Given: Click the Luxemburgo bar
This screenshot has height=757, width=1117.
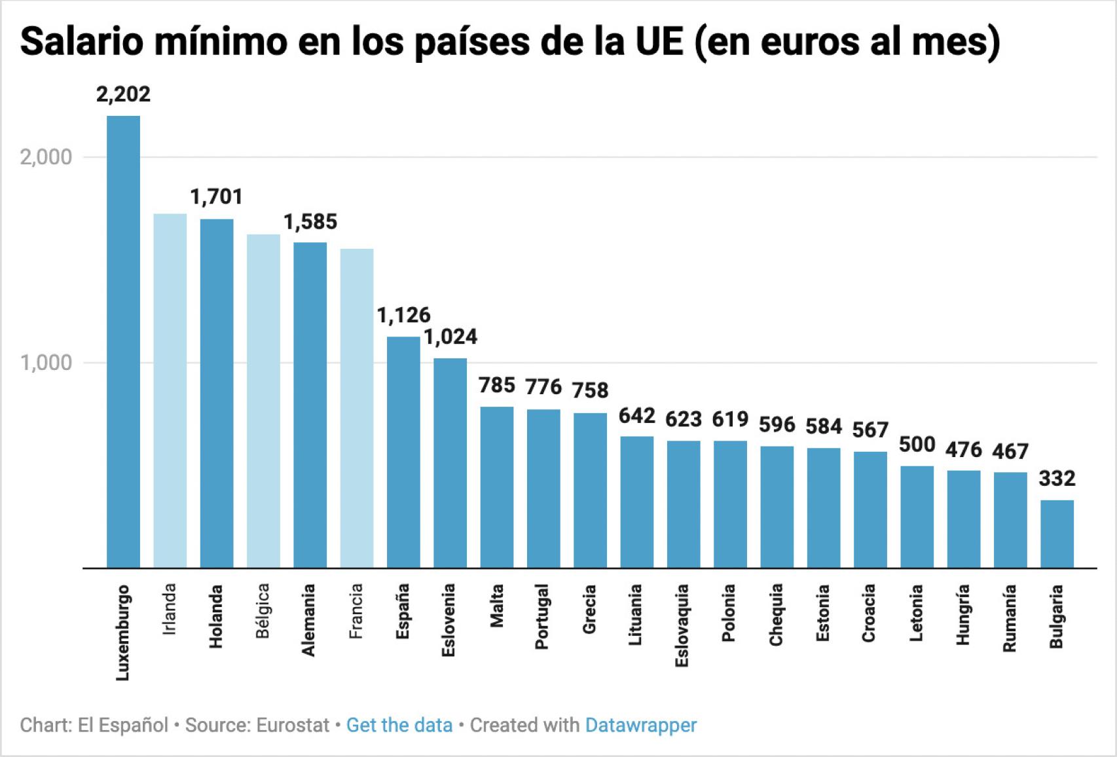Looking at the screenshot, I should (123, 341).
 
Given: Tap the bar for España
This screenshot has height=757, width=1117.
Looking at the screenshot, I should (403, 452).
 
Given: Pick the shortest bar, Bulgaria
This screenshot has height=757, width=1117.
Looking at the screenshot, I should (1057, 534).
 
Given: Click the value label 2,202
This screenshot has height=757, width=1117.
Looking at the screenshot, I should (123, 94).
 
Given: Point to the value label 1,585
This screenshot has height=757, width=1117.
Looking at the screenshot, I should (310, 222).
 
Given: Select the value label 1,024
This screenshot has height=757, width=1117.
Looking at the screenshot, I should (450, 337).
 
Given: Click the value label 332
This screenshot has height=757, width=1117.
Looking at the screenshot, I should (1057, 479).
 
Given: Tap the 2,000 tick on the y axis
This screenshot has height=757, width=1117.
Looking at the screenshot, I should (46, 157).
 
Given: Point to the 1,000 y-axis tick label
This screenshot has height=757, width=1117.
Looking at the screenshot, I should (46, 363).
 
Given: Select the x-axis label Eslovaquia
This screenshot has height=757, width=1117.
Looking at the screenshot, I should (682, 625).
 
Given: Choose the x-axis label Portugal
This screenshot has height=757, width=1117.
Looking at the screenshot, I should (541, 616).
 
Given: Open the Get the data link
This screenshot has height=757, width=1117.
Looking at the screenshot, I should (399, 726).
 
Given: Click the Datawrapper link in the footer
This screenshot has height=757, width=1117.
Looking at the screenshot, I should (640, 726).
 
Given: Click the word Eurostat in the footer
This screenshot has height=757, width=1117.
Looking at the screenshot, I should (293, 726).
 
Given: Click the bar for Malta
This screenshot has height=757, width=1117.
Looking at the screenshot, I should (497, 487).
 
